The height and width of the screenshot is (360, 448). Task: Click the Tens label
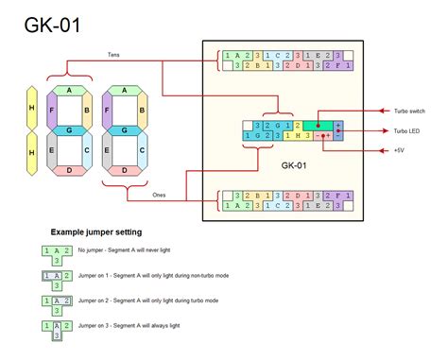click(114, 55)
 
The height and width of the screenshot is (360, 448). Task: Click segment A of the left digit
click(69, 90)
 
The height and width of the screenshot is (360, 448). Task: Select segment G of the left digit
click(69, 129)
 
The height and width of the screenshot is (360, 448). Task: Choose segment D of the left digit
click(69, 170)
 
